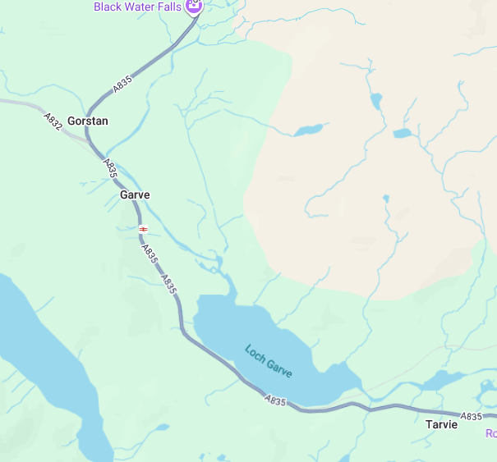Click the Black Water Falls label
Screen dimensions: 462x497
pos(137,7)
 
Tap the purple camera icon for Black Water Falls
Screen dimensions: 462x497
pos(194,7)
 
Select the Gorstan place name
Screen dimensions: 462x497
pos(88,121)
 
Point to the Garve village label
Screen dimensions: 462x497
pos(135,195)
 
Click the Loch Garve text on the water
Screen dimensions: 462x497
pos(268,361)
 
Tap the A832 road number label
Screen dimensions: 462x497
pos(53,121)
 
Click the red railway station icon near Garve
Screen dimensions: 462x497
pos(143,229)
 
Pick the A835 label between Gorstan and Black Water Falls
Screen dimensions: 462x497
pos(122,84)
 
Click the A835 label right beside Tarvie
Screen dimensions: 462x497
pos(471,417)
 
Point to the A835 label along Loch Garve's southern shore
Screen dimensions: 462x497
pos(276,401)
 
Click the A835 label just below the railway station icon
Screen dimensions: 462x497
pos(149,254)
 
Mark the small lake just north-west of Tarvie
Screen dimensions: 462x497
pos(443,379)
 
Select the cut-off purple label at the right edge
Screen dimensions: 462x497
pos(491,433)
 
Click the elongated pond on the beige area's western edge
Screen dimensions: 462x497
pos(308,130)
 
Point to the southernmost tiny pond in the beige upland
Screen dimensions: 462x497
pos(385,198)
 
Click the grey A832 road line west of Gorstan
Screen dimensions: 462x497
pos(25,104)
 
